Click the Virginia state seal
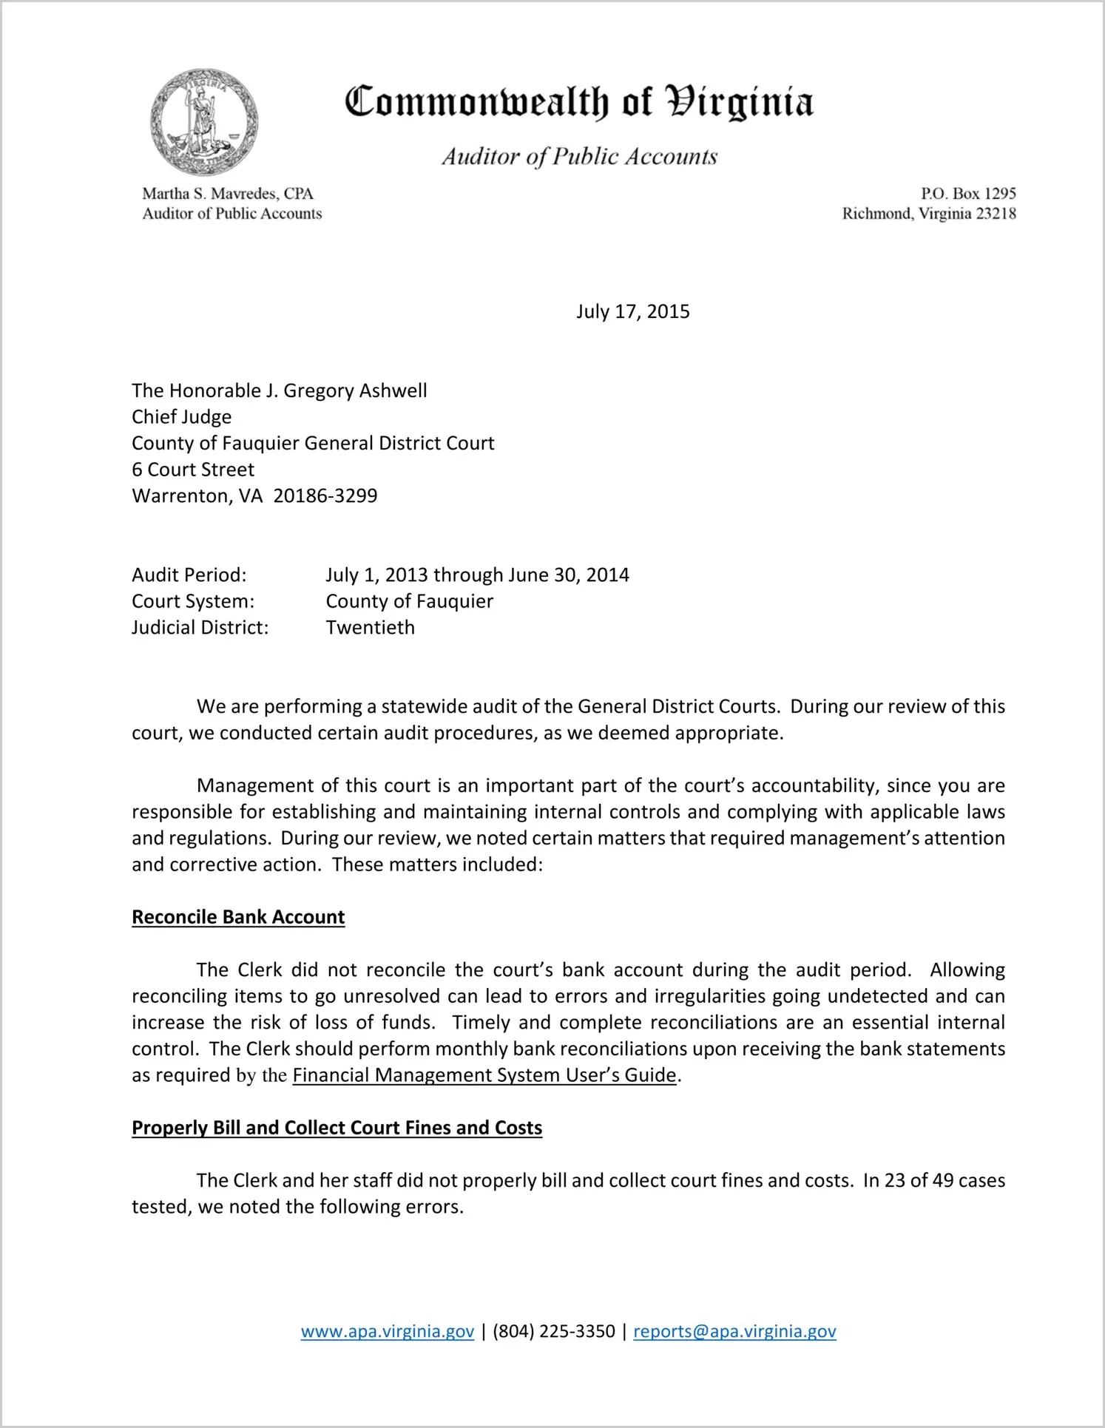(204, 122)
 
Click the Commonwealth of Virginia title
(578, 102)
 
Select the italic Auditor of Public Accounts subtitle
(580, 157)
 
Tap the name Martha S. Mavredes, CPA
(228, 194)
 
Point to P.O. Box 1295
(968, 194)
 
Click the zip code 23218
(996, 214)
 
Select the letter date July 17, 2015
(632, 311)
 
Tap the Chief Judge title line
(182, 417)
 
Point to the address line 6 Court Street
(193, 470)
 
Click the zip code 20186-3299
(325, 495)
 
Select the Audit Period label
(189, 575)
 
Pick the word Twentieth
(371, 627)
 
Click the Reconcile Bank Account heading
(238, 917)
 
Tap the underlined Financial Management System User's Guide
(484, 1075)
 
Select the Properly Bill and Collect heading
(337, 1128)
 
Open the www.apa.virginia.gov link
(388, 1331)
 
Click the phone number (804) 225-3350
(554, 1331)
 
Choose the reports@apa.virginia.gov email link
(734, 1331)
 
